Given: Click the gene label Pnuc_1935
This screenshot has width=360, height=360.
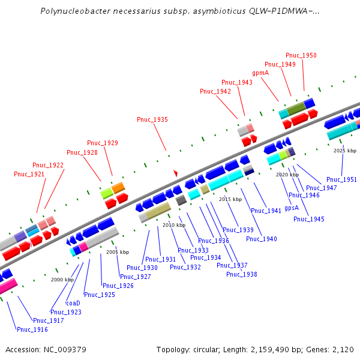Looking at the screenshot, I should (x=152, y=120).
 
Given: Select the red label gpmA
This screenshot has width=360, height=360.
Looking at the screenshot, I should (x=260, y=73).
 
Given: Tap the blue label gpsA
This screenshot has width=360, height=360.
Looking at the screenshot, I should (x=292, y=208).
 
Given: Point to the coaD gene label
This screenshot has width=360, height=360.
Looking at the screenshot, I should (x=73, y=303).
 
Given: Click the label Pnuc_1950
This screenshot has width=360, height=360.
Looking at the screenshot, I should (x=301, y=55).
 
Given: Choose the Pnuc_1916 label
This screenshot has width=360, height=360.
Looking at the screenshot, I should (x=32, y=329).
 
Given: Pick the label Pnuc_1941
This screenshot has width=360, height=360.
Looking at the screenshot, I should (x=266, y=211).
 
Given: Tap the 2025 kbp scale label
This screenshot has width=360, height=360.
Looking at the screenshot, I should (x=345, y=151).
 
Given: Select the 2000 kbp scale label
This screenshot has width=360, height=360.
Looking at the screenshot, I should (x=62, y=280).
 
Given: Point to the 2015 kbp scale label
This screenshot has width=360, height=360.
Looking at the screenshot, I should (x=230, y=199).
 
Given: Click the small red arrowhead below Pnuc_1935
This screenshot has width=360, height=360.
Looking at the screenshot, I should (x=176, y=173).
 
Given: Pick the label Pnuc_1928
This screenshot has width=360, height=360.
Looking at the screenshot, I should (x=82, y=152).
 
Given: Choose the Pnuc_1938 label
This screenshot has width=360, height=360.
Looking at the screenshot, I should (x=242, y=274).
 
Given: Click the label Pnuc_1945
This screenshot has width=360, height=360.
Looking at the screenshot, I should (x=309, y=219).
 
